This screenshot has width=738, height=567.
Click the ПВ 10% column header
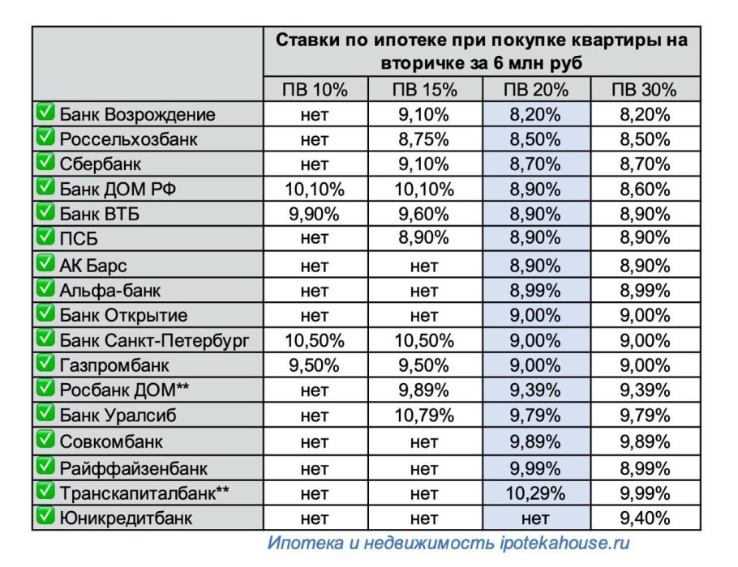315,89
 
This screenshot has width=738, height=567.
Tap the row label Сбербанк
101,164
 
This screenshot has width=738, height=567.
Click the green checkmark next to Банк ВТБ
45,214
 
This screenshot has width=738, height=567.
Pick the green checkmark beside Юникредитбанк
45,516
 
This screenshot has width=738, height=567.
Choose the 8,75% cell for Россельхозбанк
423,139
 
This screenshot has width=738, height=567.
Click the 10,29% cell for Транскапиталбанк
535,492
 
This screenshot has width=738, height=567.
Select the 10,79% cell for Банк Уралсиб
423,416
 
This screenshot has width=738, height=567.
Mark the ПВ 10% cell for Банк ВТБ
315,215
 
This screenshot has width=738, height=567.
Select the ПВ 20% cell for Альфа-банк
535,290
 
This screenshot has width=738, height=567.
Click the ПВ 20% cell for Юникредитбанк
535,517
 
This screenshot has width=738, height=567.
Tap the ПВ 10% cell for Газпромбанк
315,364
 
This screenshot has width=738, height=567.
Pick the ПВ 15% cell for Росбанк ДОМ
423,390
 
